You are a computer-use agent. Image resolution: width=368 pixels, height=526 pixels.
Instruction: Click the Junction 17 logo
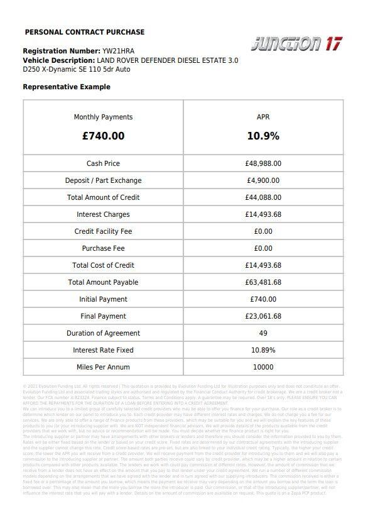pyautogui.click(x=296, y=44)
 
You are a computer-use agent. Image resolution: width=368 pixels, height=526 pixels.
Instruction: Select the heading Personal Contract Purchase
pyautogui.click(x=85, y=32)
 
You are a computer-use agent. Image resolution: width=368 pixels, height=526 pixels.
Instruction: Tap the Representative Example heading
pyautogui.click(x=67, y=87)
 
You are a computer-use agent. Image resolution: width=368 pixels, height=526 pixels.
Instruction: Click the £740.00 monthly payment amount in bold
pyautogui.click(x=103, y=136)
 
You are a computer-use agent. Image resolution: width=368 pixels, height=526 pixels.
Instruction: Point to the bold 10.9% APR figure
pyautogui.click(x=263, y=136)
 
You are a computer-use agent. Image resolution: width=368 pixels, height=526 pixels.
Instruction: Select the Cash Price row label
pyautogui.click(x=103, y=163)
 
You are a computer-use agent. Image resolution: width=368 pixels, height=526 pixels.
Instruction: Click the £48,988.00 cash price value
pyautogui.click(x=263, y=163)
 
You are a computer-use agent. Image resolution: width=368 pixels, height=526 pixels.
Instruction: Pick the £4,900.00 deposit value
pyautogui.click(x=263, y=180)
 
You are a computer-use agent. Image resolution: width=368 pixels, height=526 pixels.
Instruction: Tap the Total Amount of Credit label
pyautogui.click(x=103, y=197)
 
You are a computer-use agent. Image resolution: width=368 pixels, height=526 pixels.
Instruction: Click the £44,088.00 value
pyautogui.click(x=263, y=197)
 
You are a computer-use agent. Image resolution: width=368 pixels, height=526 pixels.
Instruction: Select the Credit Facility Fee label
pyautogui.click(x=103, y=231)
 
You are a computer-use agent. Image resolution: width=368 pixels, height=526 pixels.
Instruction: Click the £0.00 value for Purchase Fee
pyautogui.click(x=263, y=248)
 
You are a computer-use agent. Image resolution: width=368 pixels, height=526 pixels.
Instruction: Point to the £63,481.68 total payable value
pyautogui.click(x=263, y=282)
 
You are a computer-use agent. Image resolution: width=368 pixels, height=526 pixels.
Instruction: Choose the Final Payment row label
pyautogui.click(x=103, y=316)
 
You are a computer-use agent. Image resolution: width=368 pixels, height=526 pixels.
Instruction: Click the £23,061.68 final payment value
pyautogui.click(x=263, y=316)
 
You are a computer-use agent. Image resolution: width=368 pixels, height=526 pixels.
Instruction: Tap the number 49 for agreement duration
pyautogui.click(x=263, y=333)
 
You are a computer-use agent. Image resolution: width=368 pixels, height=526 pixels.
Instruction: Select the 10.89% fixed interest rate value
pyautogui.click(x=263, y=350)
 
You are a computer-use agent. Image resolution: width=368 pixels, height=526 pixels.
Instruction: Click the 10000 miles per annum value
pyautogui.click(x=263, y=367)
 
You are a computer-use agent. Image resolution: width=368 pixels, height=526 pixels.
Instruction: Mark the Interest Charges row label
pyautogui.click(x=103, y=214)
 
